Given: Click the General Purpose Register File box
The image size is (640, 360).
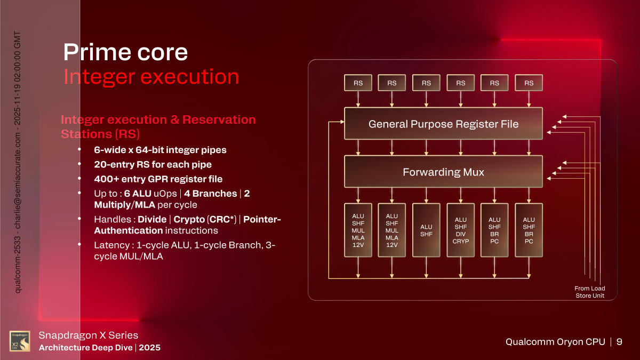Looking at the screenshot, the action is pyautogui.click(x=443, y=123).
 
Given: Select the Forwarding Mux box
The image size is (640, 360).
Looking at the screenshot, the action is pyautogui.click(x=443, y=171).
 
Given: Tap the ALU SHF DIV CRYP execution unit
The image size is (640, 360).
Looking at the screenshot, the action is pyautogui.click(x=461, y=230).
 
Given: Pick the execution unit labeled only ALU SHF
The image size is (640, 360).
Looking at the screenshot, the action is pyautogui.click(x=426, y=230).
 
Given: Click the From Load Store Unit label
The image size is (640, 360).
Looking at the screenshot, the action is pyautogui.click(x=590, y=292).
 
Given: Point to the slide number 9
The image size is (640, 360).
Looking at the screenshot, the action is pyautogui.click(x=619, y=342).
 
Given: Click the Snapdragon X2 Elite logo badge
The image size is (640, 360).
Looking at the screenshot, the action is pyautogui.click(x=20, y=341).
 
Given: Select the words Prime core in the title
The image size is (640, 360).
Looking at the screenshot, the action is pyautogui.click(x=125, y=52).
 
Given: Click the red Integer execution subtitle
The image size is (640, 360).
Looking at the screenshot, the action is pyautogui.click(x=151, y=77).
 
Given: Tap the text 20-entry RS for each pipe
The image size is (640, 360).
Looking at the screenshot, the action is pyautogui.click(x=153, y=165).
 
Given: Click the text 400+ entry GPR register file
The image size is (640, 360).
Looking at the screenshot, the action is pyautogui.click(x=158, y=179).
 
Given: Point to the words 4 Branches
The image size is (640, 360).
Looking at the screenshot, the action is pyautogui.click(x=211, y=194).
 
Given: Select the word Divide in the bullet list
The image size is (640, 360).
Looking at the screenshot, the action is pyautogui.click(x=152, y=219).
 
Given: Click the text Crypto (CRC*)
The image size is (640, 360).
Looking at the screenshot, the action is pyautogui.click(x=205, y=219).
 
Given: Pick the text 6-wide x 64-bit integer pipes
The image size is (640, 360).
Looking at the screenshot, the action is pyautogui.click(x=161, y=150).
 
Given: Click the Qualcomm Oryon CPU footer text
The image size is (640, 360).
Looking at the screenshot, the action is pyautogui.click(x=555, y=342).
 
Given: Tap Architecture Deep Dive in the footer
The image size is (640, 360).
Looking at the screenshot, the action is pyautogui.click(x=86, y=347).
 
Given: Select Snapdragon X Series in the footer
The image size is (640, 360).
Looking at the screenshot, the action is pyautogui.click(x=89, y=335).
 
